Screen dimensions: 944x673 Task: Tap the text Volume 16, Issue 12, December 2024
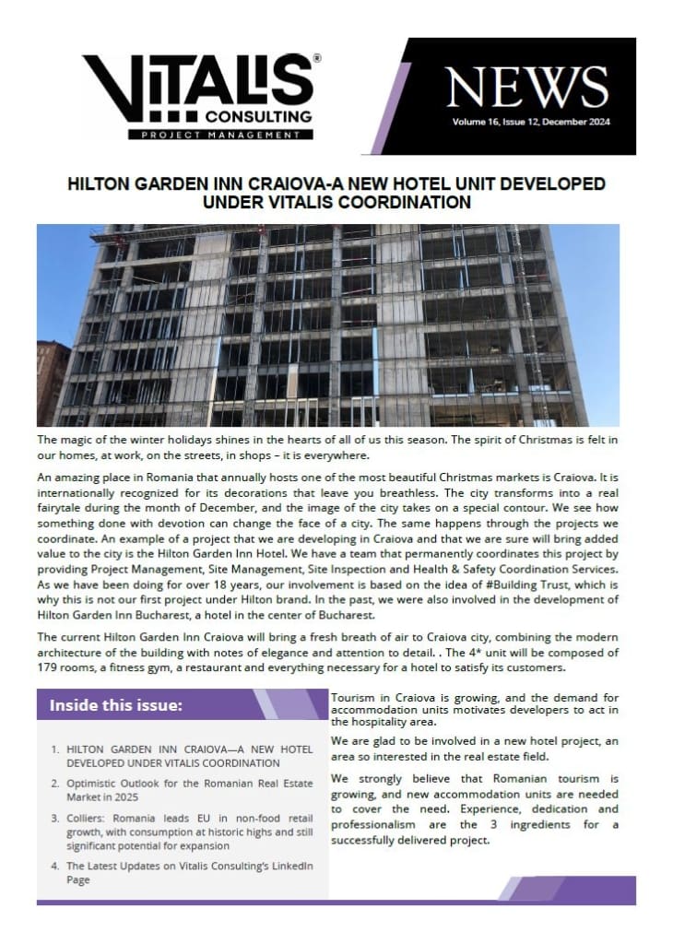click(x=531, y=122)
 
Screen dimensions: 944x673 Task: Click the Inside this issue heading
click(x=116, y=705)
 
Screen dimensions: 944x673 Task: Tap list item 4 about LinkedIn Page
click(x=184, y=873)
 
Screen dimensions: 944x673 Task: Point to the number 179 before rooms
click(x=51, y=668)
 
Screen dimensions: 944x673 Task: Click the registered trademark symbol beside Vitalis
click(x=317, y=57)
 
